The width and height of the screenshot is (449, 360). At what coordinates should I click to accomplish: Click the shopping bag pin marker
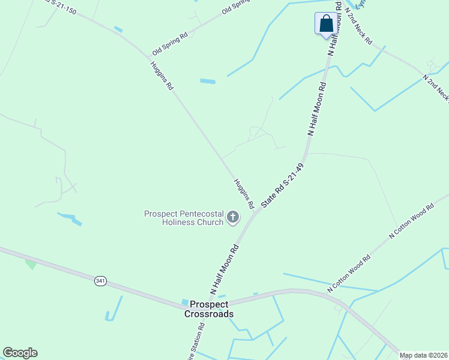click(x=326, y=24)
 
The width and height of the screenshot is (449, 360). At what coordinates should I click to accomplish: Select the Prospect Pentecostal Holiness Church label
click(x=184, y=218)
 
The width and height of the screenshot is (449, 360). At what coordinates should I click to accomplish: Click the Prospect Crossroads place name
click(x=208, y=309)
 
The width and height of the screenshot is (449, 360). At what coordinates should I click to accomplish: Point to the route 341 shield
click(x=100, y=281)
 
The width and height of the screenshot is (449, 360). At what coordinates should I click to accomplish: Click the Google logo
click(x=20, y=353)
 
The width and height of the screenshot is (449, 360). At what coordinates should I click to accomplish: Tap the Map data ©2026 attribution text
click(x=423, y=355)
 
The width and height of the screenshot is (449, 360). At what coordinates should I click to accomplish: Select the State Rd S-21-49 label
click(x=283, y=187)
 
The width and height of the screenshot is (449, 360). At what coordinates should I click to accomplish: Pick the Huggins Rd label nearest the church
click(x=244, y=193)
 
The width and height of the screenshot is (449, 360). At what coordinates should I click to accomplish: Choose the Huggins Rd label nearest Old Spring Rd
click(x=161, y=76)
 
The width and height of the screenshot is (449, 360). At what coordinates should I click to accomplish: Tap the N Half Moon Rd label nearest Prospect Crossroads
click(x=224, y=269)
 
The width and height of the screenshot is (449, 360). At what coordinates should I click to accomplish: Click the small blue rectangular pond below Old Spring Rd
click(x=207, y=81)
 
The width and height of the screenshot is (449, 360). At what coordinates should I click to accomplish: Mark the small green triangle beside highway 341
click(x=30, y=263)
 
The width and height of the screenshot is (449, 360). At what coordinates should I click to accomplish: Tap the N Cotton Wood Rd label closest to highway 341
click(x=349, y=274)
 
